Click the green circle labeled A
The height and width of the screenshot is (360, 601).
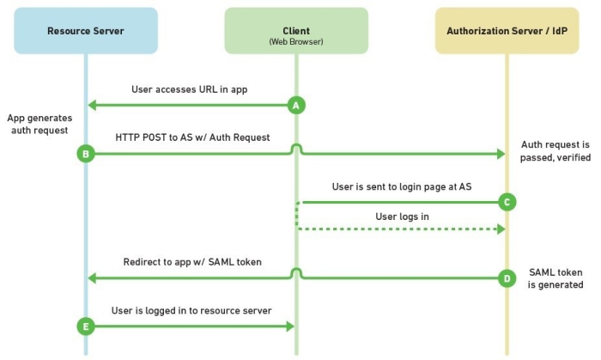point(296,106)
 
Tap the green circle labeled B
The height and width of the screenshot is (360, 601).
point(86,154)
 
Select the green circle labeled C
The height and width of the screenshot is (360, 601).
point(507,202)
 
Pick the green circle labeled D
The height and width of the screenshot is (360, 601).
point(507,278)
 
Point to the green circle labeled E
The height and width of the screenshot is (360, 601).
point(86,326)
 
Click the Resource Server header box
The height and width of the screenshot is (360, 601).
point(86,31)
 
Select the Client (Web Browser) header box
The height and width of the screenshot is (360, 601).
point(296,31)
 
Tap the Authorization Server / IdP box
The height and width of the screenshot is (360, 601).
point(507,31)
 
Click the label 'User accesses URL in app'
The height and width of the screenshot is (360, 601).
point(190,89)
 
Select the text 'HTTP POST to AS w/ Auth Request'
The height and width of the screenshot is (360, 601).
point(192,137)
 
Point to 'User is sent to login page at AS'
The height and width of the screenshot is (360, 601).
point(402,186)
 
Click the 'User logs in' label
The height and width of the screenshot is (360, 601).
point(402,217)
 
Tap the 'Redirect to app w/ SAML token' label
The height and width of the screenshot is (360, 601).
point(192,262)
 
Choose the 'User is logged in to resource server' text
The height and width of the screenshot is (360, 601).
point(191,310)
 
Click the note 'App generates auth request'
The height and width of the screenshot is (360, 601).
point(39,124)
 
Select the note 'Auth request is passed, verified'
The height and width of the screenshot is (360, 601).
point(555,151)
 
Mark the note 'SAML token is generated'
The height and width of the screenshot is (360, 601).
point(555,278)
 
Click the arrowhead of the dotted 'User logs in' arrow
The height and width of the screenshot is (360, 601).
point(501,229)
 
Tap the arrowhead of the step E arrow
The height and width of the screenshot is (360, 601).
point(290,326)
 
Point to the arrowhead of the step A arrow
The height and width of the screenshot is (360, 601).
point(92,106)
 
